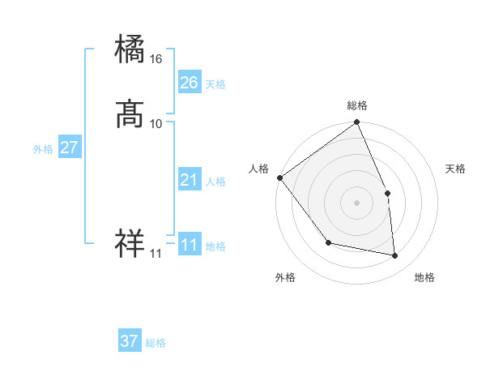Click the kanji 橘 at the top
tap(130, 49)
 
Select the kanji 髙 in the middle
tap(130, 114)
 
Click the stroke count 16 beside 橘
tap(156, 59)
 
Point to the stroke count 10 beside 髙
tap(156, 124)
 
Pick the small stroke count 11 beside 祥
tap(156, 253)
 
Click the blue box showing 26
tap(189, 83)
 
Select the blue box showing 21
tap(189, 180)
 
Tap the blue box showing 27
tap(69, 148)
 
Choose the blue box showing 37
tap(130, 341)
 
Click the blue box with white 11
tap(189, 245)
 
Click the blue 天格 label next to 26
tap(215, 84)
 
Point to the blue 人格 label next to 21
tap(215, 182)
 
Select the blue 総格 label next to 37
tap(156, 343)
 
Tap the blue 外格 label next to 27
tap(43, 149)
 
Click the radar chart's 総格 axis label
tap(357, 105)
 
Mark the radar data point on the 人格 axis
tap(279, 178)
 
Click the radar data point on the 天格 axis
tap(387, 193)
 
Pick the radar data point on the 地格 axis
tap(394, 255)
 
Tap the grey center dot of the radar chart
tap(357, 203)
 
